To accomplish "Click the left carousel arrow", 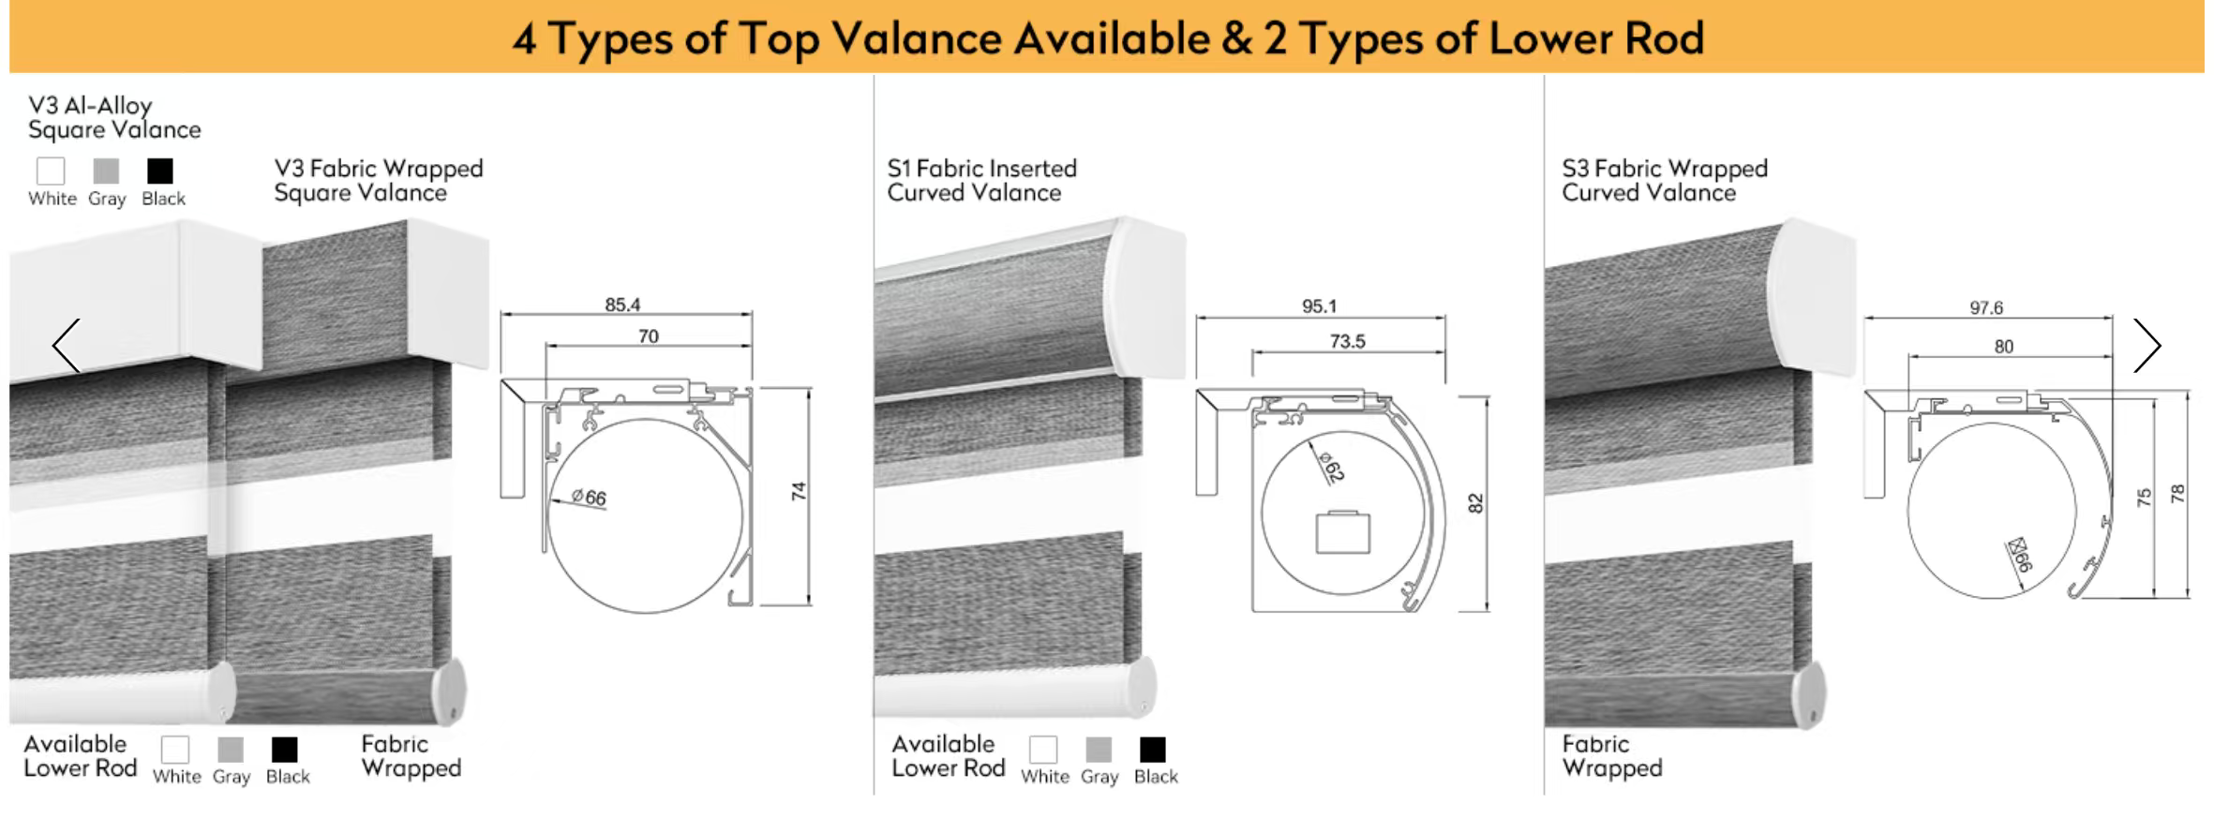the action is coord(66,346).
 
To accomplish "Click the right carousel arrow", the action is coord(2147,346).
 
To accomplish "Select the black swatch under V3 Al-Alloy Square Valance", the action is coord(160,171).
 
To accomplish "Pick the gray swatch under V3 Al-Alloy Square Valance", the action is coord(106,171).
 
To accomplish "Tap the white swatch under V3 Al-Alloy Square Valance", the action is coord(51,171).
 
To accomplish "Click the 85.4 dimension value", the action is coord(622,305).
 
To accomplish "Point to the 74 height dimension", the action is coord(799,491).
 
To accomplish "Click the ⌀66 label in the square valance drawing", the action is coord(589,497).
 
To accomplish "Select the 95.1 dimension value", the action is coord(1319,306).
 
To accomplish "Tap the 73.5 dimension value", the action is coord(1347,341).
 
